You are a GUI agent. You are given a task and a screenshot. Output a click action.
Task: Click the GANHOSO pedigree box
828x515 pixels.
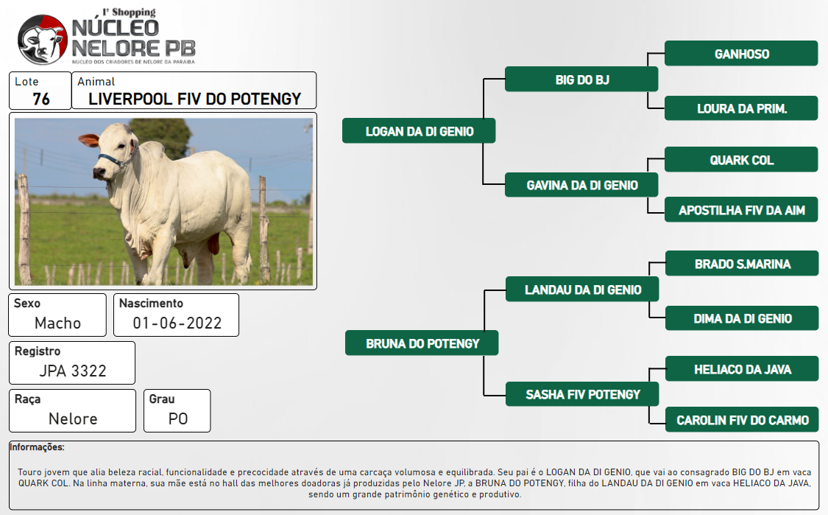pos(741,53)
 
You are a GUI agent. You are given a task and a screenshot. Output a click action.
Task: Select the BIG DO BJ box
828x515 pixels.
pos(581,80)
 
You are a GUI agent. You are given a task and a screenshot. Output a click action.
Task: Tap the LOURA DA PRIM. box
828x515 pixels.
pos(741,108)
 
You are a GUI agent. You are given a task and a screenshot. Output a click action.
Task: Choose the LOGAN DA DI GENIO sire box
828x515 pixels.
pos(419,130)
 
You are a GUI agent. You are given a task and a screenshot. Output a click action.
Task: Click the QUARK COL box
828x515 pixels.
pos(741,160)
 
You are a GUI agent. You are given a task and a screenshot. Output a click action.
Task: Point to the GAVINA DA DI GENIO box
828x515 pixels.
pos(581,185)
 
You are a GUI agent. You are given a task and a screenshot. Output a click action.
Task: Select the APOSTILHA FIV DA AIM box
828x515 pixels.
pos(741,210)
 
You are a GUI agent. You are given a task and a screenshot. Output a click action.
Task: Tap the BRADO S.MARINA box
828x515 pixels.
pos(742,263)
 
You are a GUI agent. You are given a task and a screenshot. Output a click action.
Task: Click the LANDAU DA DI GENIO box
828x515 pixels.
pos(582,290)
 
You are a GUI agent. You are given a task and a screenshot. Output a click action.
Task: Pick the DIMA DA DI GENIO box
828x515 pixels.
pos(742,318)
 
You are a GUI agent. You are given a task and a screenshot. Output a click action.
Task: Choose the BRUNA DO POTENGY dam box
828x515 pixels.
pos(422,343)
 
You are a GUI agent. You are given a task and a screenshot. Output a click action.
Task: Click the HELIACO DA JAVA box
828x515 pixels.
pos(742,369)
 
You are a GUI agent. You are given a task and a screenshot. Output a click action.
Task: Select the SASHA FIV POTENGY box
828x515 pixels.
pos(582,394)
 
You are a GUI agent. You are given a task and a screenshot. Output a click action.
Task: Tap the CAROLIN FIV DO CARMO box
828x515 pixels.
pos(742,420)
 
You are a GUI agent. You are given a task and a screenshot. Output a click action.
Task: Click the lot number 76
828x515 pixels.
pos(41,99)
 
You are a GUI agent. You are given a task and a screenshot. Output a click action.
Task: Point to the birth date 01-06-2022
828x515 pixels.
pos(177,323)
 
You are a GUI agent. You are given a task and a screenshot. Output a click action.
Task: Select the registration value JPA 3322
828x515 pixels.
pos(73,371)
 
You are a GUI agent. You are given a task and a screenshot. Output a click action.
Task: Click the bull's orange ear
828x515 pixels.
pos(89,140)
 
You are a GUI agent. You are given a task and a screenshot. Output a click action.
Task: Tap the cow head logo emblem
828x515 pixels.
pos(42,40)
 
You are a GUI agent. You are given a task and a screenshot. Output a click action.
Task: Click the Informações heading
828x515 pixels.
pos(37,447)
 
